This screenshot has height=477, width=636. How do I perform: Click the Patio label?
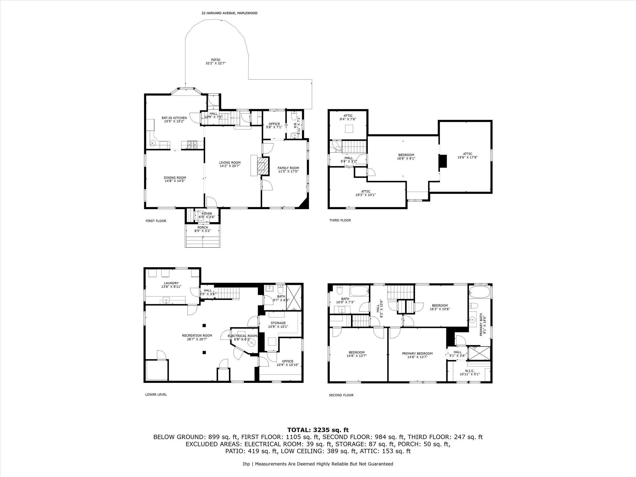coord(215,60)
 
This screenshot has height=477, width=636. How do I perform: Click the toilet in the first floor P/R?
coord(294,116)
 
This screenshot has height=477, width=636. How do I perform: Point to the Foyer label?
coord(207,214)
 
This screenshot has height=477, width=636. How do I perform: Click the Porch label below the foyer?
coord(202,227)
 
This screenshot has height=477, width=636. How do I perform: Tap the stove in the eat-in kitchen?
coord(192,144)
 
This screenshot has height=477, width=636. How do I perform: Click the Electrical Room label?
coord(242,336)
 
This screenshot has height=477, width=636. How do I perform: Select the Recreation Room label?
coord(197,335)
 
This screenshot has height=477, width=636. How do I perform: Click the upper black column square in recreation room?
coord(204,325)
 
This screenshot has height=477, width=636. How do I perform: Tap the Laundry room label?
coord(171,283)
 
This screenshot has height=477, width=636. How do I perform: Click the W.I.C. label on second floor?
coord(469,371)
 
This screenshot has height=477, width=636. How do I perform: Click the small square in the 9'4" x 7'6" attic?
coord(349,129)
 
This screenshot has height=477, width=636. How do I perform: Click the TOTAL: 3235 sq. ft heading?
coord(318,430)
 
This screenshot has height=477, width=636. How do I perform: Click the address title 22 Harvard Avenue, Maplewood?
coord(229,13)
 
